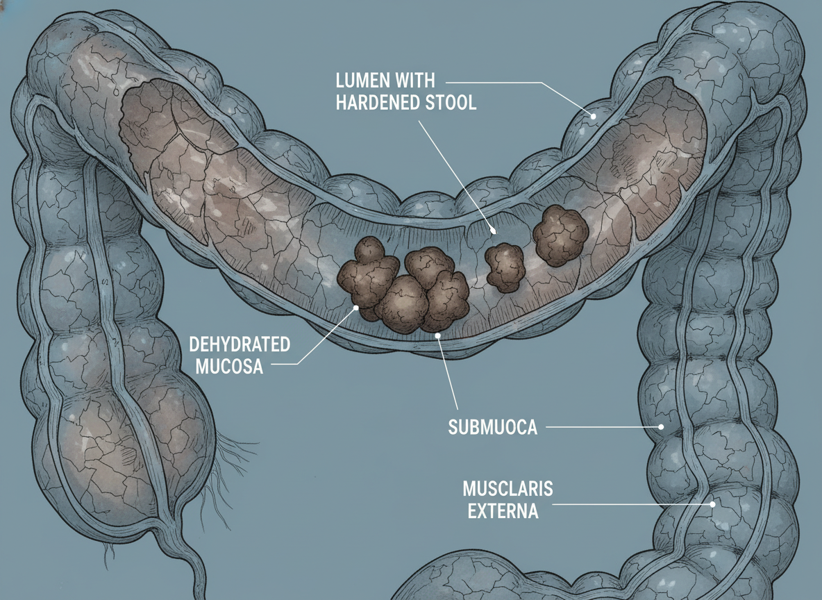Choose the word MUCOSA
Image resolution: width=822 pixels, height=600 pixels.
pos(229,366)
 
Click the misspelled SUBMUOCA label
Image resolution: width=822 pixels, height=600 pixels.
pos(493,426)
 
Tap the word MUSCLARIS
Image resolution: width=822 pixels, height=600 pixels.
pos(508,489)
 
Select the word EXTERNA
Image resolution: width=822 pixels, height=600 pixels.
pos(503,512)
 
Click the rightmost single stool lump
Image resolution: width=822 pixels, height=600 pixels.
pos(560,235)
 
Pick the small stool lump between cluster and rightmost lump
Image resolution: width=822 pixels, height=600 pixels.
pos(505,267)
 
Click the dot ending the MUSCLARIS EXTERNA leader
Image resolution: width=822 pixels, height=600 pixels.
pos(712,504)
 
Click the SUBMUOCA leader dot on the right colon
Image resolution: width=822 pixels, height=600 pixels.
pos(661,426)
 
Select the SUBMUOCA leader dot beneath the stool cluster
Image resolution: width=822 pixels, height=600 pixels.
pos(438,336)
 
